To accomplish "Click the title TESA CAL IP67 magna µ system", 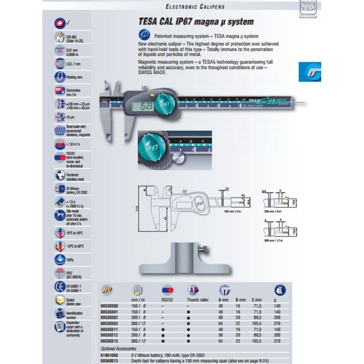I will pos(196,22).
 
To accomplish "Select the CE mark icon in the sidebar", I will pos(59,287).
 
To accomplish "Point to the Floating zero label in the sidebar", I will pos(74,78).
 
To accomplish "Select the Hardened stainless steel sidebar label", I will pos(73,177).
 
